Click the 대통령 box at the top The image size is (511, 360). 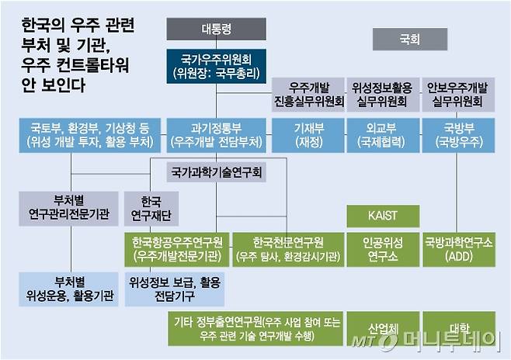[x=216, y=29]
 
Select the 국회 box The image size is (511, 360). [x=409, y=39]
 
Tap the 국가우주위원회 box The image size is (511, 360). [x=216, y=66]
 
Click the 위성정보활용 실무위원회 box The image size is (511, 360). [x=381, y=95]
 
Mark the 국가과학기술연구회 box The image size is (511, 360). [x=216, y=171]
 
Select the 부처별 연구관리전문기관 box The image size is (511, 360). [x=69, y=207]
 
